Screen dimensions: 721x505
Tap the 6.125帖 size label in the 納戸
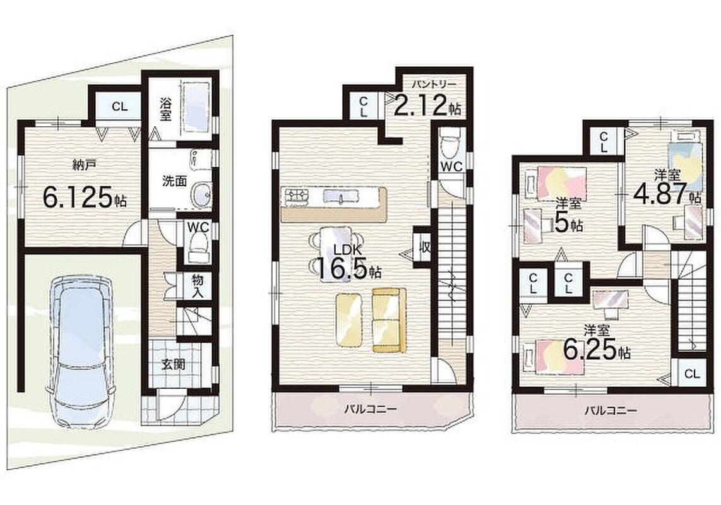pyautogui.click(x=85, y=198)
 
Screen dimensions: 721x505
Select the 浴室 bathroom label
pyautogui.click(x=165, y=109)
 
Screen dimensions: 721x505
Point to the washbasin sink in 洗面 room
pyautogui.click(x=201, y=194)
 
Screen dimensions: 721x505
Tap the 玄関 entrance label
pyautogui.click(x=174, y=365)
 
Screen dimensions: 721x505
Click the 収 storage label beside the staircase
pyautogui.click(x=425, y=248)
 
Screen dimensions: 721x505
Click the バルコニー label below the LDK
pyautogui.click(x=371, y=408)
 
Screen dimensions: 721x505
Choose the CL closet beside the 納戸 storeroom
pyautogui.click(x=119, y=107)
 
